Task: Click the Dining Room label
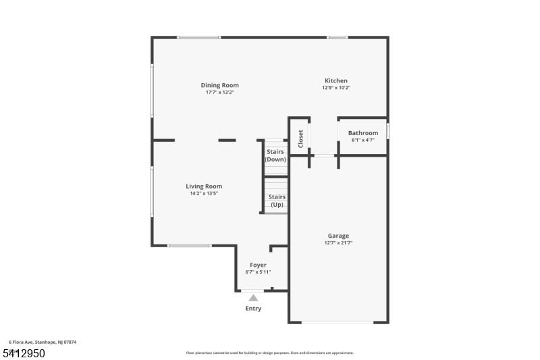pyautogui.click(x=219, y=85)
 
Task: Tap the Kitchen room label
pyautogui.click(x=336, y=80)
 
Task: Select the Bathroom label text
pyautogui.click(x=363, y=133)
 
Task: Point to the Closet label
pyautogui.click(x=300, y=138)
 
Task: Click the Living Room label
pyautogui.click(x=204, y=186)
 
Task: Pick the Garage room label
pyautogui.click(x=339, y=236)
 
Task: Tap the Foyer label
pyautogui.click(x=258, y=265)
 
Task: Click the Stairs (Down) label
pyautogui.click(x=275, y=156)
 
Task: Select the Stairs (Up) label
pyautogui.click(x=277, y=201)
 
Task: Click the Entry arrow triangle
pyautogui.click(x=253, y=297)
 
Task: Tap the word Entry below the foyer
pyautogui.click(x=253, y=309)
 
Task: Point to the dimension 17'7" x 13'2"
pyautogui.click(x=219, y=93)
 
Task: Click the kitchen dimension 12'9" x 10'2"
pyautogui.click(x=336, y=88)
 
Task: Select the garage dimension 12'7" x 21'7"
pyautogui.click(x=339, y=242)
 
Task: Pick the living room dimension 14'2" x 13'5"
pyautogui.click(x=204, y=194)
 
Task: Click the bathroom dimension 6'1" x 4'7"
pyautogui.click(x=363, y=140)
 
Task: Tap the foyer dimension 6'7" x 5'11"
pyautogui.click(x=258, y=272)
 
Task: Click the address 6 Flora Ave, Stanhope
pyautogui.click(x=43, y=342)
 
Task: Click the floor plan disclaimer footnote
pyautogui.click(x=270, y=353)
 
